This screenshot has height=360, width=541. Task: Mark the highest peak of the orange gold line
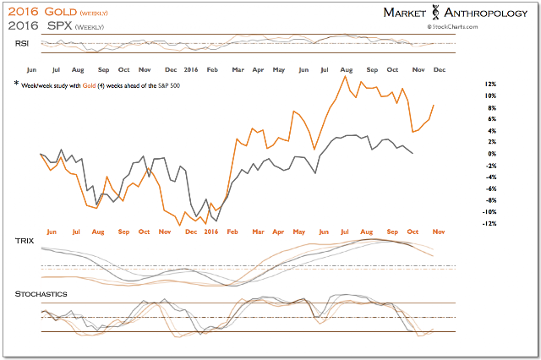pos(345,76)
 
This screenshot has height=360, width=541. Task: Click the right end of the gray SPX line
pos(413,153)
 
